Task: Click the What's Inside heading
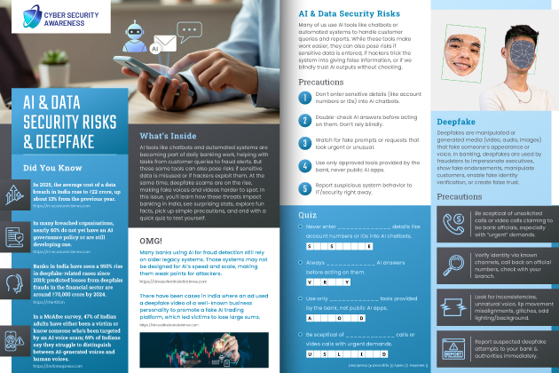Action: [x=169, y=136]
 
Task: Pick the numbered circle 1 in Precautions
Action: [x=305, y=95]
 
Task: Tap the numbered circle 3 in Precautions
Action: [x=305, y=141]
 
